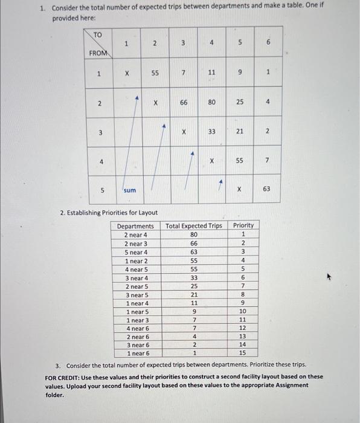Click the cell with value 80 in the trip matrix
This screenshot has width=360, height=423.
pos(211,102)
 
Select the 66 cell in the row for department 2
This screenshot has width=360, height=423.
pos(182,102)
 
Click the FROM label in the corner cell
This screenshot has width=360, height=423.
pos(98,53)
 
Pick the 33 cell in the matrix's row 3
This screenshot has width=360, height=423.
pos(211,131)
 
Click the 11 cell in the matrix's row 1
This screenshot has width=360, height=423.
pos(211,73)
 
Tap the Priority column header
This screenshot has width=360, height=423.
pos(243,225)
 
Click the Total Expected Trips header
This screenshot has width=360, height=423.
pos(194,225)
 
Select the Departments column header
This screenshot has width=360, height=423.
pos(135,225)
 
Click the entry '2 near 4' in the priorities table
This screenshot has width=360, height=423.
pos(135,234)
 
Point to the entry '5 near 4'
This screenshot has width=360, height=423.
pos(135,252)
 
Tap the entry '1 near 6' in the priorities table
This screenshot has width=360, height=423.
pos(138,352)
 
